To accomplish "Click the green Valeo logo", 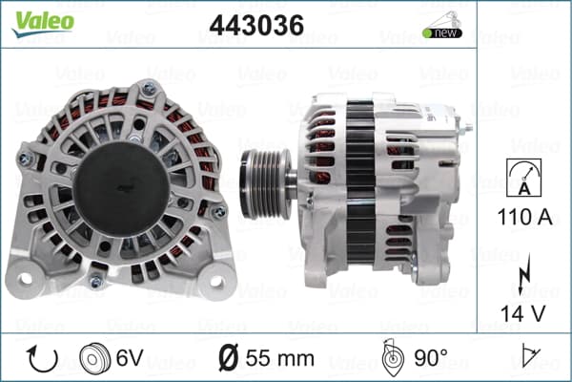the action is pos(43,23).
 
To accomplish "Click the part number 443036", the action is pos(256,25).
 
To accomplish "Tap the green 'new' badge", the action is pos(442,32).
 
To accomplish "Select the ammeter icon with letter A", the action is pos(523,178).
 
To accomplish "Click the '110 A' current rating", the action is pos(524,217).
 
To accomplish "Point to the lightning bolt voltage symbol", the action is pos(523,274).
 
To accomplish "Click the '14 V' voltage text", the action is pos(522,313).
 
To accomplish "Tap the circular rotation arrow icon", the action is pos(42,358).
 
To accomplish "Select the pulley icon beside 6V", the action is pos(94,358).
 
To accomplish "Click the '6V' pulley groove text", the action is pos(130,358).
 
